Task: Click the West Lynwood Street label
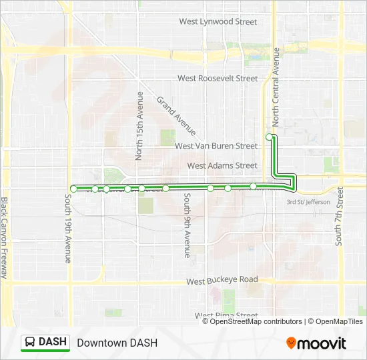click(x=218, y=21)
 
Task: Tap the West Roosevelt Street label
click(x=218, y=78)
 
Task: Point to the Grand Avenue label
click(x=175, y=115)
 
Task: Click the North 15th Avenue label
click(x=139, y=126)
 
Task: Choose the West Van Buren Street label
click(x=216, y=145)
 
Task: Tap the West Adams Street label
click(x=222, y=165)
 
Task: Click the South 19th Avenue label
click(x=68, y=227)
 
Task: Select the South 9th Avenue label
click(x=188, y=225)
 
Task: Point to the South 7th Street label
click(x=340, y=215)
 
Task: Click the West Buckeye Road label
click(x=222, y=281)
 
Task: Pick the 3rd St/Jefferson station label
click(x=308, y=202)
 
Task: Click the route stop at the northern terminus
click(x=270, y=137)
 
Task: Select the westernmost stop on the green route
click(x=73, y=189)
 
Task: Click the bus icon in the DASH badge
click(x=31, y=342)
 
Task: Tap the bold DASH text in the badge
click(x=53, y=342)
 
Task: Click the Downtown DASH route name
click(x=117, y=343)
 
